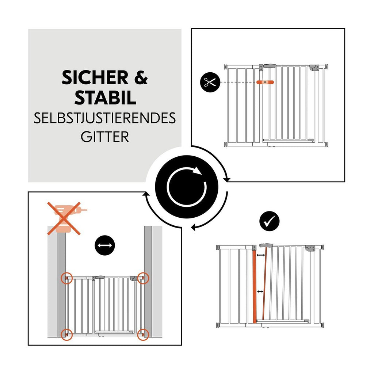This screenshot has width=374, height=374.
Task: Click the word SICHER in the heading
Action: pyautogui.click(x=95, y=78)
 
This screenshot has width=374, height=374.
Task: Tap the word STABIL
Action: pyautogui.click(x=105, y=98)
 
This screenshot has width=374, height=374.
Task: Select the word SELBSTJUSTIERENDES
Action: pyautogui.click(x=105, y=118)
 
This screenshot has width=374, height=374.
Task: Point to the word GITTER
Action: pyautogui.click(x=105, y=137)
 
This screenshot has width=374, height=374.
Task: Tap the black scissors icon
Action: pyautogui.click(x=210, y=82)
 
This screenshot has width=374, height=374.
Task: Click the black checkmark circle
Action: pyautogui.click(x=269, y=221)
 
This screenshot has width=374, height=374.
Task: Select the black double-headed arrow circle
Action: pyautogui.click(x=105, y=245)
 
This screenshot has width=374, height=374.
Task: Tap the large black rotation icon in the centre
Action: pyautogui.click(x=187, y=187)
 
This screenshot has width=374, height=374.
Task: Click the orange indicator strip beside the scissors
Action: pyautogui.click(x=265, y=82)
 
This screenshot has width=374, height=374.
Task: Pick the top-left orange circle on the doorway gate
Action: pyautogui.click(x=66, y=278)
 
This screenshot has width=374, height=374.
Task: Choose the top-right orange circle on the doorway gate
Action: pyautogui.click(x=143, y=278)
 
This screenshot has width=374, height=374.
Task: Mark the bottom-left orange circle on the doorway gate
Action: pyautogui.click(x=66, y=335)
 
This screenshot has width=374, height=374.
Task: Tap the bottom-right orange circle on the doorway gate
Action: pyautogui.click(x=143, y=335)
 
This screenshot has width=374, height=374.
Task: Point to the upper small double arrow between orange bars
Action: pyautogui.click(x=261, y=255)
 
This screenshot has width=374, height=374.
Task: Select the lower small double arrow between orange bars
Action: pyautogui.click(x=260, y=292)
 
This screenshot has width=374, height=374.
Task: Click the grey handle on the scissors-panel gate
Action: pyautogui.click(x=270, y=66)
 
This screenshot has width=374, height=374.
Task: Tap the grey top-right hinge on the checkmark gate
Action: pyautogui.click(x=310, y=248)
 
